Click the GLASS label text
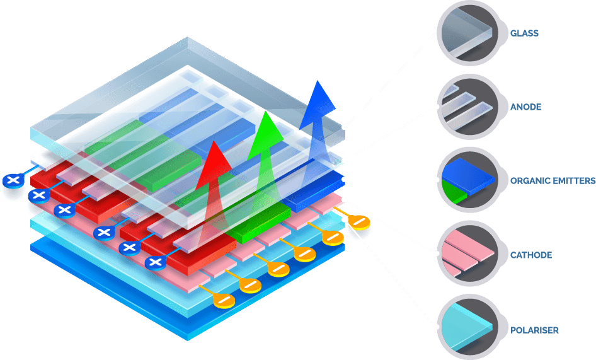pyautogui.click(x=524, y=33)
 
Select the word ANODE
pyautogui.click(x=525, y=107)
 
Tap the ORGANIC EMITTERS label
pyautogui.click(x=552, y=181)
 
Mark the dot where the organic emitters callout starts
pyautogui.click(x=344, y=180)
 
